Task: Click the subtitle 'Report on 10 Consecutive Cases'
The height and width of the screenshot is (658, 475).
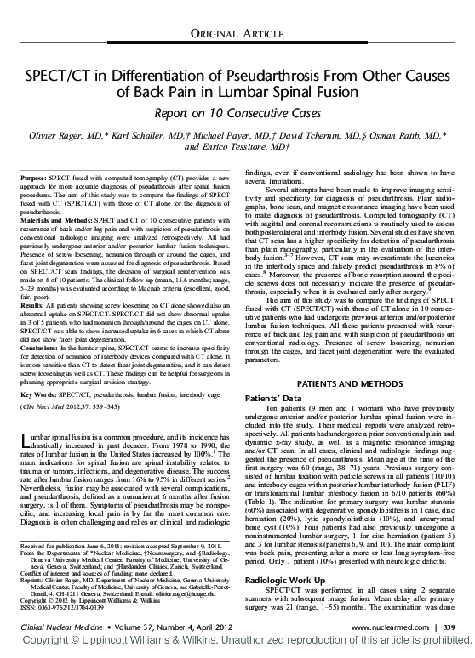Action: [237, 111]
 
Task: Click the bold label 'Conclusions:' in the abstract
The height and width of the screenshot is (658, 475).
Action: [39, 349]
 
